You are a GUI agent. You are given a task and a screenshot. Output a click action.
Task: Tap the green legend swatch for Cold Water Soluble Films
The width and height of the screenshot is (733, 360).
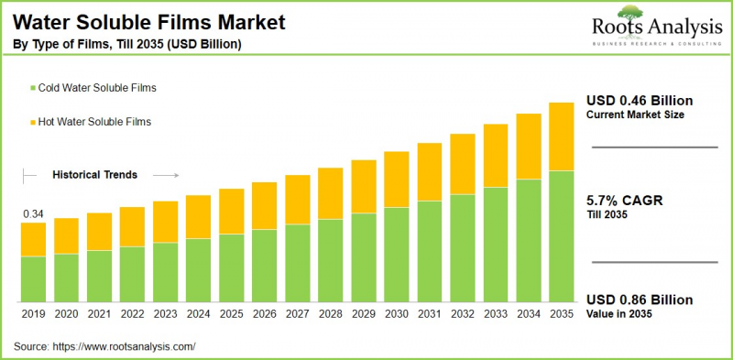point(33,88)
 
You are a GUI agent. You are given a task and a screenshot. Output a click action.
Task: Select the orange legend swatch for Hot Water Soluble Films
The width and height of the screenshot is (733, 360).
point(33,121)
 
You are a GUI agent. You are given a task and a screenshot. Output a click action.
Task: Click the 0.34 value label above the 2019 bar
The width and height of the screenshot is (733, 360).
point(33,214)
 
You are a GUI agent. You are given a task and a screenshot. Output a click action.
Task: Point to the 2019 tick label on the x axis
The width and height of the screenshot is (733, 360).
point(33,314)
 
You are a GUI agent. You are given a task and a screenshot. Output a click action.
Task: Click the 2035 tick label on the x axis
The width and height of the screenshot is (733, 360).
point(561,314)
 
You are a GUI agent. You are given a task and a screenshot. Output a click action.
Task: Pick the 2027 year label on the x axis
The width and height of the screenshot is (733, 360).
point(297,314)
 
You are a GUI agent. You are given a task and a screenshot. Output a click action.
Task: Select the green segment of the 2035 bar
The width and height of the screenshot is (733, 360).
point(561,236)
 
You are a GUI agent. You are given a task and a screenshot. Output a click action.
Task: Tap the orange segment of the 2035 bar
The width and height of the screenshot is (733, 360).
point(561,136)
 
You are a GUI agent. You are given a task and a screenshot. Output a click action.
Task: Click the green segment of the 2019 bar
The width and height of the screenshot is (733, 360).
point(33,279)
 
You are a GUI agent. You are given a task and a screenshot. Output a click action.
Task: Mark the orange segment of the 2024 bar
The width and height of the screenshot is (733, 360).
point(198,217)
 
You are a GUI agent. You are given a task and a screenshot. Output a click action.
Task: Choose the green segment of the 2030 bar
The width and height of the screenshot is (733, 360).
point(396,255)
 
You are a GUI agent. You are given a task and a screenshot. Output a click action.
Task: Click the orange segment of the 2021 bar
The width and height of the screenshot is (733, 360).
point(99,232)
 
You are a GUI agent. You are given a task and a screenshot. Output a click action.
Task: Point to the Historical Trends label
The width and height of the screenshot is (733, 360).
point(94,174)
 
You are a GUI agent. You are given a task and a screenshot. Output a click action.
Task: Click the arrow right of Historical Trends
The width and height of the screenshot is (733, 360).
point(165,174)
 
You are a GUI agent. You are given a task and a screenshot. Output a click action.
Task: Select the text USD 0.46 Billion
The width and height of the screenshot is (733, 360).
point(640,100)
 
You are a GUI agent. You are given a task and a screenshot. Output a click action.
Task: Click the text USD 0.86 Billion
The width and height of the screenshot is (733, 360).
point(640,300)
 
